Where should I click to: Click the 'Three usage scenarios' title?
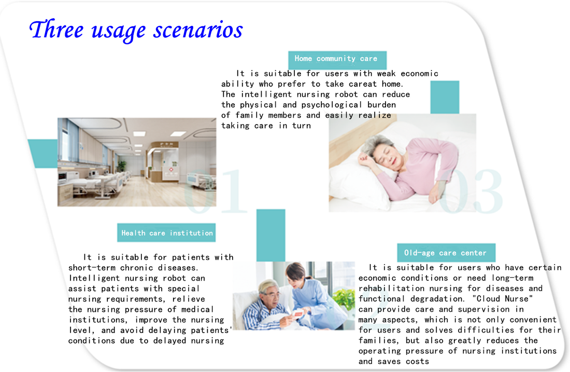[x=136, y=30]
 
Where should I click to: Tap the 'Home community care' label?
[x=337, y=59]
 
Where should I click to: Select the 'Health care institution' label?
[x=166, y=233]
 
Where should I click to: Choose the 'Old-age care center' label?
[x=446, y=253]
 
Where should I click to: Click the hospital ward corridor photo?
[x=137, y=162]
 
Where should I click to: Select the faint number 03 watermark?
[x=471, y=191]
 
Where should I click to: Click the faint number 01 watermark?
[x=215, y=191]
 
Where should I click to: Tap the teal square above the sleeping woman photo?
[x=445, y=97]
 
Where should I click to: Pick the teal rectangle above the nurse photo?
[x=271, y=235]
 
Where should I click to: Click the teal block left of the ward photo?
[x=43, y=153]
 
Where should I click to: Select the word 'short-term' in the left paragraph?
[x=92, y=268]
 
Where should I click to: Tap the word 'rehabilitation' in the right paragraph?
[x=392, y=288]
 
